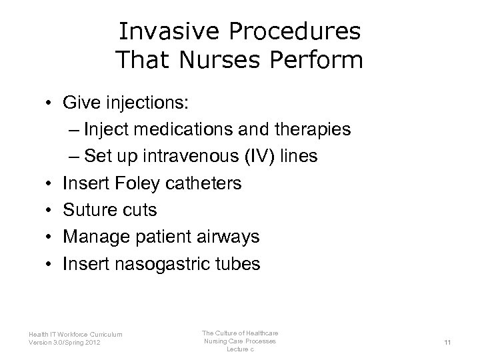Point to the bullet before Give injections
click(x=50, y=103)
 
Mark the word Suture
click(x=88, y=210)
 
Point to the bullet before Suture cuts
click(x=50, y=210)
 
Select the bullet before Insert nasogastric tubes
click(x=50, y=263)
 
